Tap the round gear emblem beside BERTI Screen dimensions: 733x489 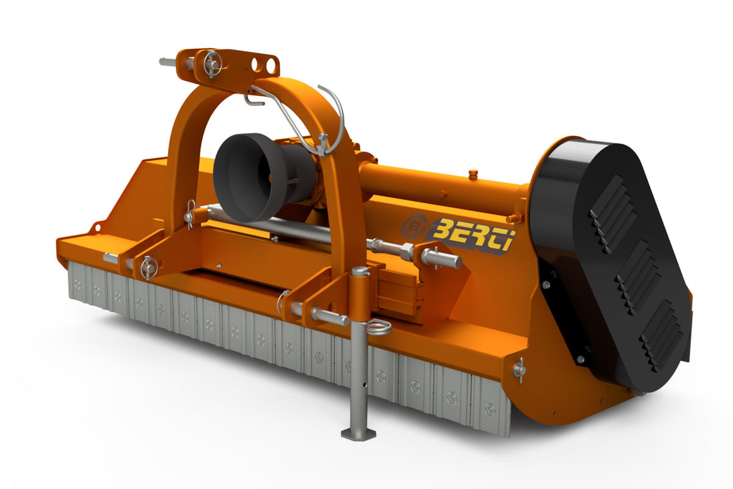click(x=414, y=225)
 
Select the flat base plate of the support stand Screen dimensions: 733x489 click(x=359, y=433)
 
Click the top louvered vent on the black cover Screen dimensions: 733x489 click(x=613, y=213)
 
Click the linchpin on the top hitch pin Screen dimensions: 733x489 click(x=213, y=64)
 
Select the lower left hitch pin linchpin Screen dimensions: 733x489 click(x=150, y=268)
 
